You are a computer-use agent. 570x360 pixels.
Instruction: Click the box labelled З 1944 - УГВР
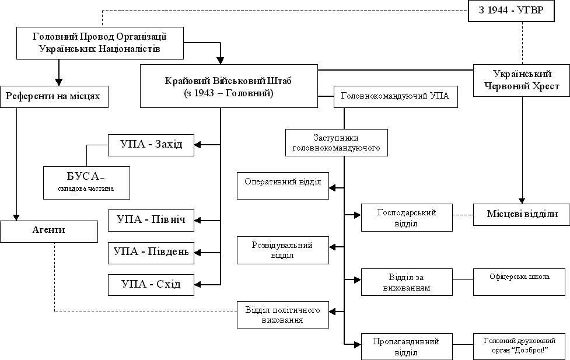510,11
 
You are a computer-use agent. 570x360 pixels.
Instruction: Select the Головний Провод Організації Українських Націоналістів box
100,43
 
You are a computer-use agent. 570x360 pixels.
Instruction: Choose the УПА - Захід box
150,145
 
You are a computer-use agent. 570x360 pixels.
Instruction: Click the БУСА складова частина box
86,182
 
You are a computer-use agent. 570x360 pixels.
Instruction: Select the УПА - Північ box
151,220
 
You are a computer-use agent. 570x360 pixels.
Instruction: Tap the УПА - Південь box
151,251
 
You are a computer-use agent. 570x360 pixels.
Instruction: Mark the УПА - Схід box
151,284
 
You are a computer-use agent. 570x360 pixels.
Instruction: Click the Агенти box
48,230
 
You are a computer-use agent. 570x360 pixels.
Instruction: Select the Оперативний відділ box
283,185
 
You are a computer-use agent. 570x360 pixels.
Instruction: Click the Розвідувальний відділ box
282,250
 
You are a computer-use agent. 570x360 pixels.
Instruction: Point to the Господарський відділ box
407,217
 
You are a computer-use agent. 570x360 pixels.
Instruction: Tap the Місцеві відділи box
522,215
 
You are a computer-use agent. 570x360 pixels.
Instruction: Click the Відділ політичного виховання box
282,314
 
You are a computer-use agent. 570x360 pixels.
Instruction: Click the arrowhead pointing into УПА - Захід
198,144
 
